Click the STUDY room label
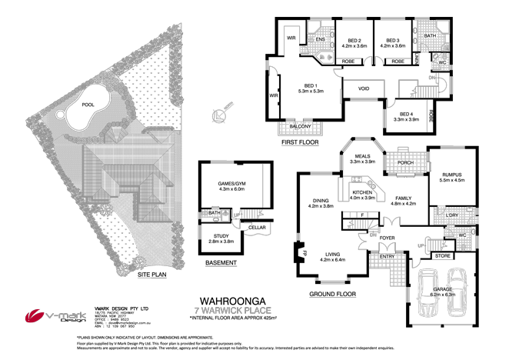pos(218,238)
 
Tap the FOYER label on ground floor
pos(386,238)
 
